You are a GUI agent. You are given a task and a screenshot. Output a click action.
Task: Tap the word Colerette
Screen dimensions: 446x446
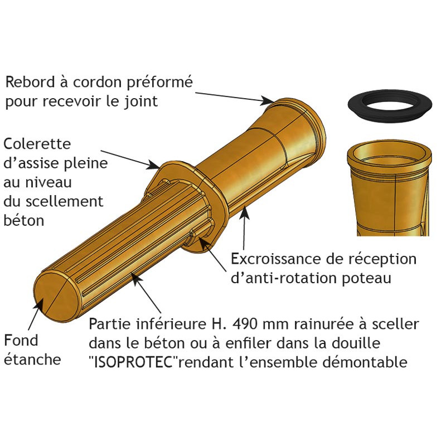tap(37, 144)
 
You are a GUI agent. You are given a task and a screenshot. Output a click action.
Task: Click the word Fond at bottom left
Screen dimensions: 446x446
tap(21, 340)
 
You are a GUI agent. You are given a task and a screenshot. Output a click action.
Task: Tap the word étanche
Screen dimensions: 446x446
tap(32, 359)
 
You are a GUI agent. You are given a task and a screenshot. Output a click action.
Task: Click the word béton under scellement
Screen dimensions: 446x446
tap(23, 220)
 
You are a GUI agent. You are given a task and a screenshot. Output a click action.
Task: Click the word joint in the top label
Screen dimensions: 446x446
tap(142, 101)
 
